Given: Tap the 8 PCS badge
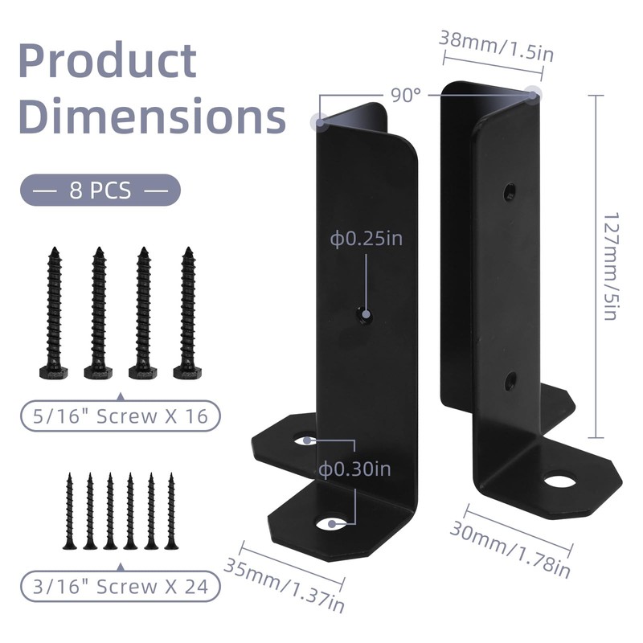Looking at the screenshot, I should (x=100, y=191).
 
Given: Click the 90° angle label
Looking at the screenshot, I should (x=407, y=95).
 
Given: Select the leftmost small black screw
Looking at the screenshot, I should (x=70, y=511).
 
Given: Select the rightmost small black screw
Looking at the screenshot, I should (x=170, y=511).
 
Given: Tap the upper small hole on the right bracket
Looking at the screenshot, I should (x=510, y=191).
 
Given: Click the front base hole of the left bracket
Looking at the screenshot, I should (x=331, y=524).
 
